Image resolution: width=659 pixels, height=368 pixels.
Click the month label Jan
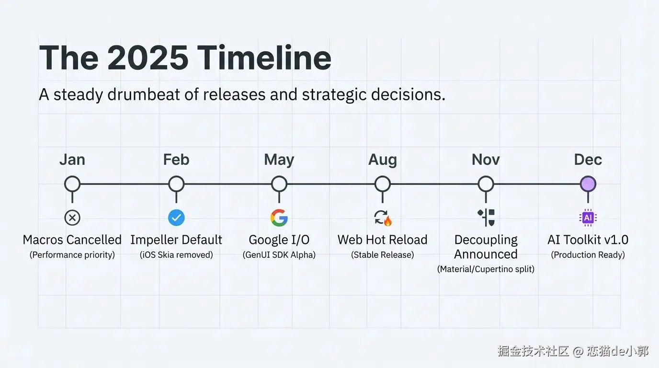(72, 160)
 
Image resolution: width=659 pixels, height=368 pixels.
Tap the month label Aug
(383, 160)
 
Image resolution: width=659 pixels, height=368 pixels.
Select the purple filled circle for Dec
(588, 184)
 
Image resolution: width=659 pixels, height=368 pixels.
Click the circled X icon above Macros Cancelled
(72, 218)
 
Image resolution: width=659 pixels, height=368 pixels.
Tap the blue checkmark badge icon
(176, 218)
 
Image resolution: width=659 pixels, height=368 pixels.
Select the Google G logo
(279, 218)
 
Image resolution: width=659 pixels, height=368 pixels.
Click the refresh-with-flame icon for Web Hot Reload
(383, 218)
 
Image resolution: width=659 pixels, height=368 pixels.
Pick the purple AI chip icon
(588, 218)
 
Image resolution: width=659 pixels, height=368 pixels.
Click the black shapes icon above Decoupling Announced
(486, 218)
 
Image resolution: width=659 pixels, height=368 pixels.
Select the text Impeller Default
(176, 240)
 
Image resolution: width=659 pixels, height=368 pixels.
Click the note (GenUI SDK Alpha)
(279, 254)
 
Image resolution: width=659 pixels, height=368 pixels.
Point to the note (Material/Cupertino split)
(486, 269)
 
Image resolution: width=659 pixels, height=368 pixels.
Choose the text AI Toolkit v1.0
(588, 240)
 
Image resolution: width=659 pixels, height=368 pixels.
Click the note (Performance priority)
(72, 254)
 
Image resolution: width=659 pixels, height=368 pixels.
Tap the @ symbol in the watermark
(578, 351)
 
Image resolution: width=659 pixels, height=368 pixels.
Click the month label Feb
(176, 160)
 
